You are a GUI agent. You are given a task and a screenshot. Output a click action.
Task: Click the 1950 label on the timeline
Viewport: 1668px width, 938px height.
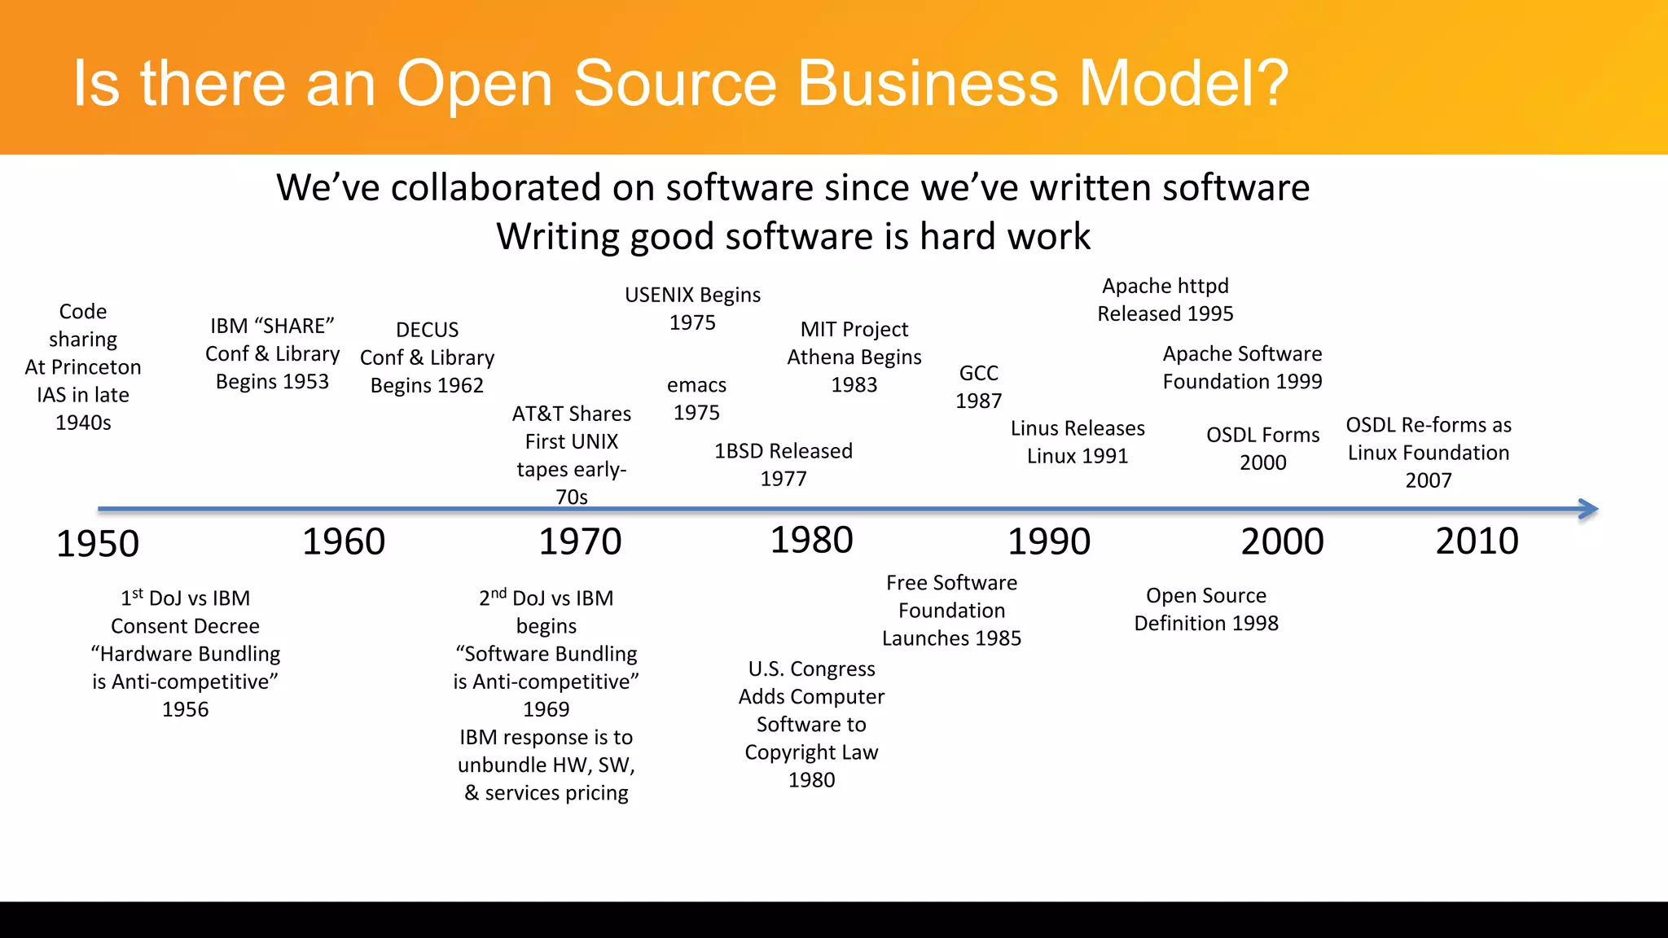tap(98, 544)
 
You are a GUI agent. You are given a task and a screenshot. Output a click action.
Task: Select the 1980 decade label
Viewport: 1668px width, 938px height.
tap(812, 541)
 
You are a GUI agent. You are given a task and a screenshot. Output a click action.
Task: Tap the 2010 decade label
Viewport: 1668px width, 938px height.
tap(1477, 541)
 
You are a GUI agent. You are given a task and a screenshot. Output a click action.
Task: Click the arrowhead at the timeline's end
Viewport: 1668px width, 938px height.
tap(1588, 510)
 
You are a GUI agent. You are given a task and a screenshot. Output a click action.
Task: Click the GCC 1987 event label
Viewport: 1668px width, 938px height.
tap(978, 387)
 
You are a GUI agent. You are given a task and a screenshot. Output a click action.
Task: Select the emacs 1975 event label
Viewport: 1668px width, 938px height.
tap(696, 398)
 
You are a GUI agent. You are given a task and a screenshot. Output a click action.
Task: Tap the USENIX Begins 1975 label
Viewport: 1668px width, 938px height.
tap(692, 309)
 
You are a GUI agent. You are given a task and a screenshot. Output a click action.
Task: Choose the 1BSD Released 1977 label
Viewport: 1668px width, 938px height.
tap(784, 464)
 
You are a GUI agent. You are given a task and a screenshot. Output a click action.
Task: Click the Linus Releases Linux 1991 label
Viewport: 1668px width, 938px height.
tap(1078, 442)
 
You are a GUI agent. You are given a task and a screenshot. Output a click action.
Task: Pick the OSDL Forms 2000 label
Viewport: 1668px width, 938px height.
tap(1262, 449)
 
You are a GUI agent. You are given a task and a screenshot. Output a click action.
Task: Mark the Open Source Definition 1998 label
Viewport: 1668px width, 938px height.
tap(1206, 609)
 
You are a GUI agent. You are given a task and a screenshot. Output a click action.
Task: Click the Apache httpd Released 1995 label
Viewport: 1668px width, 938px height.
tap(1165, 300)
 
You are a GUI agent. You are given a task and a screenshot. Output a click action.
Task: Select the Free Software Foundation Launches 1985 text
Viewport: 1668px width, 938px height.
tap(951, 611)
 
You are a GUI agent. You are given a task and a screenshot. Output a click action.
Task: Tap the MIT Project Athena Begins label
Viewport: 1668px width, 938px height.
tap(854, 357)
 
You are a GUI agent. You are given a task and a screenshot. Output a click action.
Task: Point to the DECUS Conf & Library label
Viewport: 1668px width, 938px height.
tap(427, 357)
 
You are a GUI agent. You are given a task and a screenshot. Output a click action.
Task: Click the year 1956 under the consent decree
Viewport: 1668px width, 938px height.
tap(185, 709)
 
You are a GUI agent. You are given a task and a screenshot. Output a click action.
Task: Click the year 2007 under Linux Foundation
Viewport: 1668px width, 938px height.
tap(1428, 480)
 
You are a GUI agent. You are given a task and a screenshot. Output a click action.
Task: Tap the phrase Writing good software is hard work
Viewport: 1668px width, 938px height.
tap(793, 237)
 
